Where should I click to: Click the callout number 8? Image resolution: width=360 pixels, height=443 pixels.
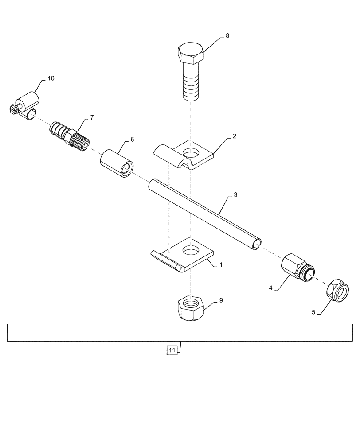click(227, 36)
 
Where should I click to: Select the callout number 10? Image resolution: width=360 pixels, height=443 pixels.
click(51, 78)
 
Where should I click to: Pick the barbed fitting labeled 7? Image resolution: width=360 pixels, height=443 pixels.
click(69, 134)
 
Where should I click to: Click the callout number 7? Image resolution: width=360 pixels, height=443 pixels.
click(92, 117)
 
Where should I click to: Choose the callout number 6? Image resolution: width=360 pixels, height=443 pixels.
click(132, 139)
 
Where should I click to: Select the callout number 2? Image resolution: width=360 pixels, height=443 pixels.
click(234, 137)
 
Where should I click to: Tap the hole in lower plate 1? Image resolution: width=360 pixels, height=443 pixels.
click(191, 250)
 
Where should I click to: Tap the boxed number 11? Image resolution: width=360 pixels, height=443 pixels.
click(172, 350)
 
